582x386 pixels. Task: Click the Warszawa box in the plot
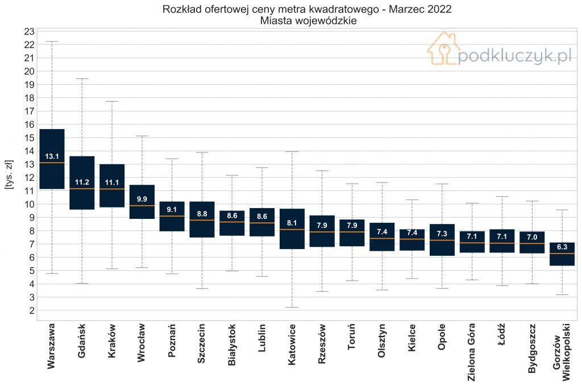pyautogui.click(x=52, y=159)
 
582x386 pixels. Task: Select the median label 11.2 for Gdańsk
pyautogui.click(x=82, y=182)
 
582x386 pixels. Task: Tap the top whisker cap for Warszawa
pyautogui.click(x=52, y=41)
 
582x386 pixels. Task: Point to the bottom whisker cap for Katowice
pyautogui.click(x=292, y=308)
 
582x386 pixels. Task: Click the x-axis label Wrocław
pyautogui.click(x=142, y=342)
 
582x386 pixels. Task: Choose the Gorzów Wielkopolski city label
pyautogui.click(x=561, y=352)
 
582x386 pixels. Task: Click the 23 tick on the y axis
pyautogui.click(x=30, y=31)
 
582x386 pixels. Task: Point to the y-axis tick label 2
pyautogui.click(x=32, y=310)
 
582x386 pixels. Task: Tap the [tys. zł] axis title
pyautogui.click(x=9, y=175)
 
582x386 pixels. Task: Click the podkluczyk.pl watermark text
pyautogui.click(x=514, y=56)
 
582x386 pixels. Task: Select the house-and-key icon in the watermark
pyautogui.click(x=443, y=48)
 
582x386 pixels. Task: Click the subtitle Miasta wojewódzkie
pyautogui.click(x=308, y=21)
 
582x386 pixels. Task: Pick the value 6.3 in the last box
pyautogui.click(x=562, y=247)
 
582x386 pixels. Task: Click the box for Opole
pyautogui.click(x=442, y=240)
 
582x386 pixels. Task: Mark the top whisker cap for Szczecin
pyautogui.click(x=202, y=152)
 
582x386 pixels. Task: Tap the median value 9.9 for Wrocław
pyautogui.click(x=142, y=200)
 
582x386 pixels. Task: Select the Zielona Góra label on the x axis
pyautogui.click(x=471, y=352)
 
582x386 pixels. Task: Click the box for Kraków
pyautogui.click(x=112, y=185)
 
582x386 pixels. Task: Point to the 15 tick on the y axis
pyautogui.click(x=30, y=138)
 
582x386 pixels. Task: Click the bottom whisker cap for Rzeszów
pyautogui.click(x=322, y=292)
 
